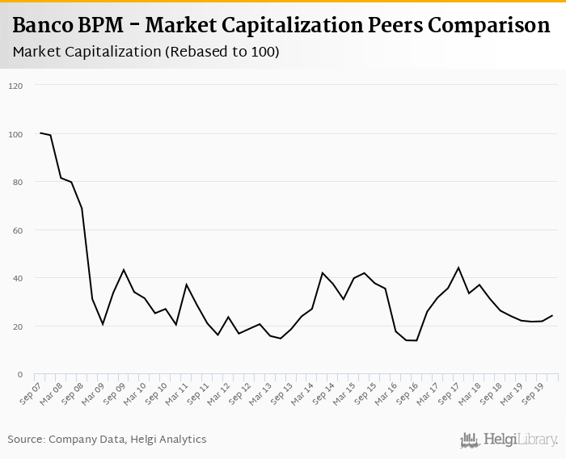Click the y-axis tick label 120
pyautogui.click(x=16, y=86)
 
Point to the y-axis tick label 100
pyautogui.click(x=16, y=134)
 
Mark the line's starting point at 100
pyautogui.click(x=40, y=133)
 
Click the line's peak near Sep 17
pyautogui.click(x=458, y=267)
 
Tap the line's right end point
pyautogui.click(x=552, y=316)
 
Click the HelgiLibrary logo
pyautogui.click(x=509, y=440)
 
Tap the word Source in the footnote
pyautogui.click(x=26, y=439)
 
